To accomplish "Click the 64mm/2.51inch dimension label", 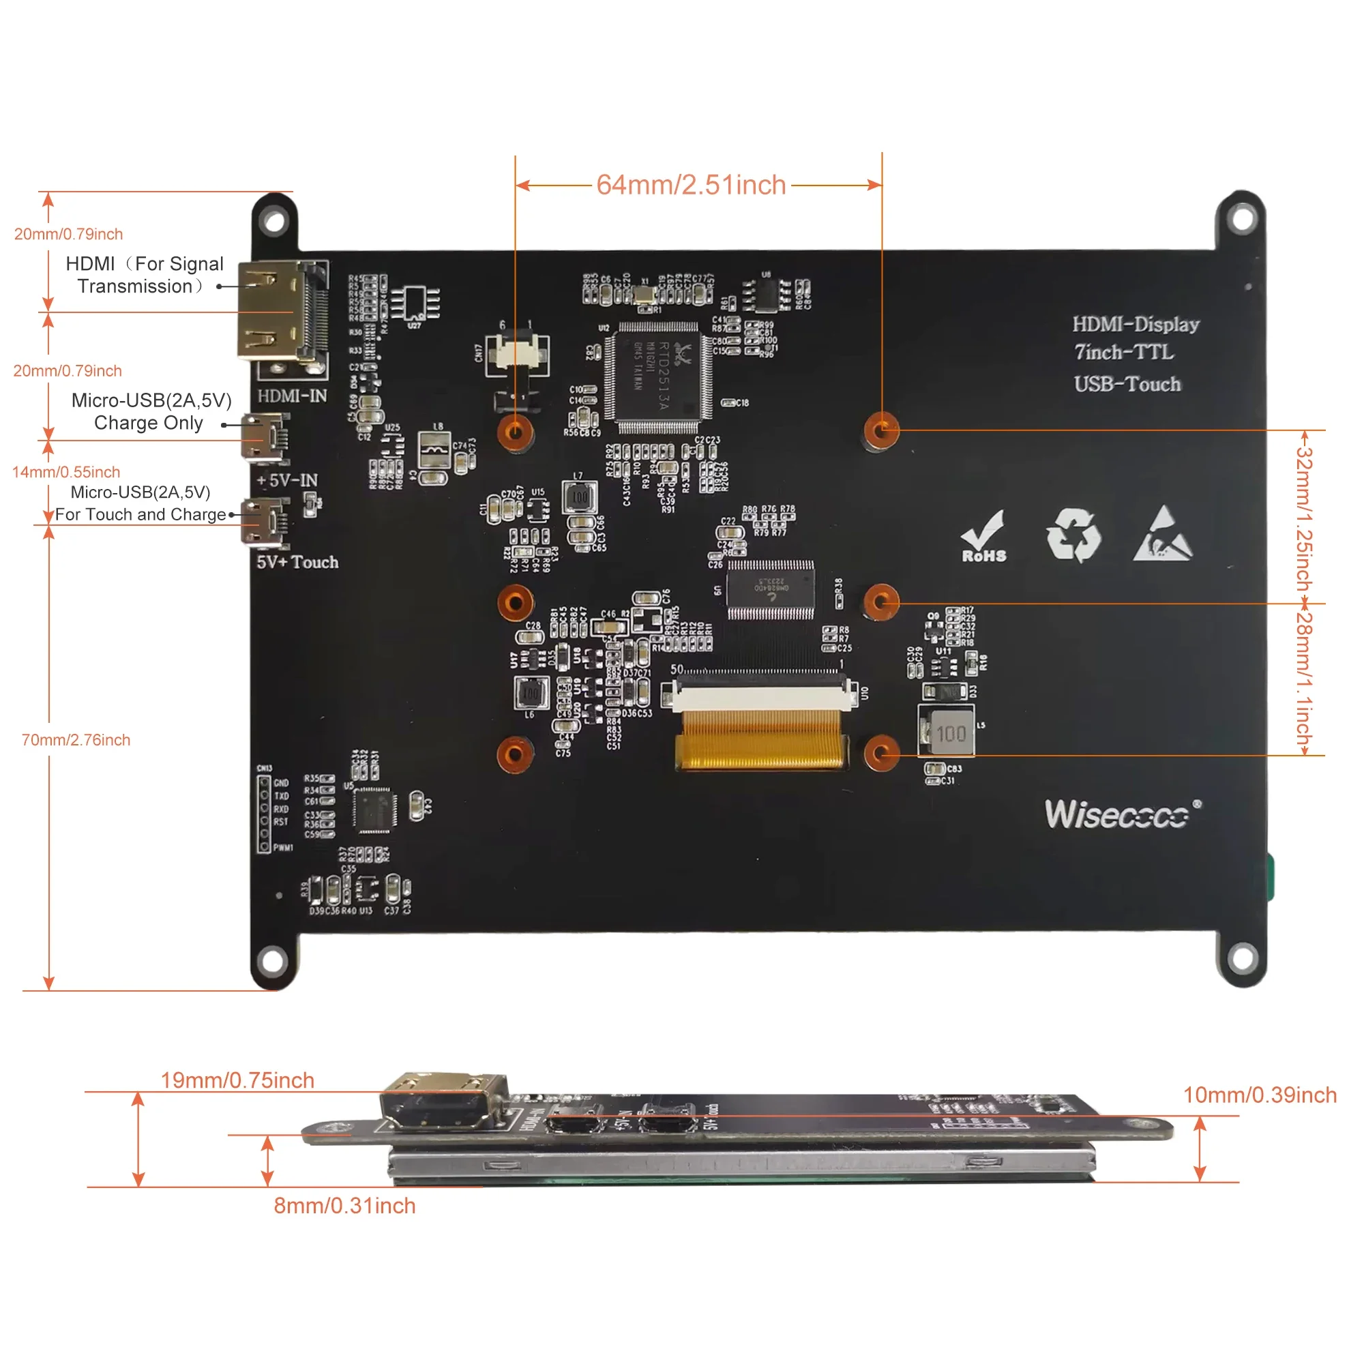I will click(x=690, y=185).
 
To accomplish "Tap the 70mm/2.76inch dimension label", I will click(x=76, y=740).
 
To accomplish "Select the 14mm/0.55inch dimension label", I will click(x=66, y=472).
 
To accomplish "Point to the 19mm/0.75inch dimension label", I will click(x=237, y=1080).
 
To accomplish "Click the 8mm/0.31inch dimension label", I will click(x=344, y=1206).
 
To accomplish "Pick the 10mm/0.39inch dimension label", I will click(x=1260, y=1095).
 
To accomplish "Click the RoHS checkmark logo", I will click(x=983, y=537).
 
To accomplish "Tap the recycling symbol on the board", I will click(x=1073, y=535).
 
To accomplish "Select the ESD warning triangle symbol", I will click(x=1163, y=535).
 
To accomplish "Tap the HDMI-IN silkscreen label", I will click(x=293, y=396).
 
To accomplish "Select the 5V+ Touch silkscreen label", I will click(x=297, y=562).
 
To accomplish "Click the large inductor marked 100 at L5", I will click(x=948, y=733).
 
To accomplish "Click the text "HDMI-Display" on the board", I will click(x=1136, y=324).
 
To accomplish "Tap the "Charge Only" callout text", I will click(x=148, y=423).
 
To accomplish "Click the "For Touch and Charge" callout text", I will click(x=140, y=515).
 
